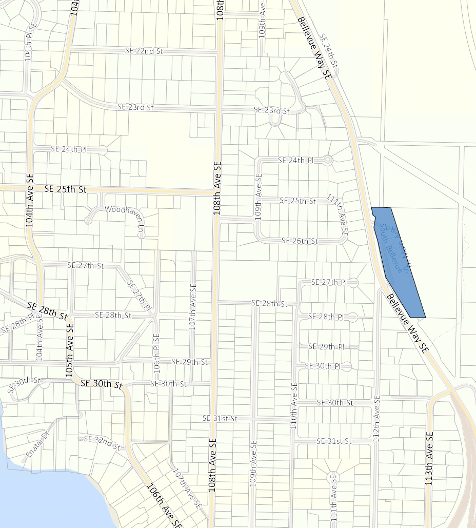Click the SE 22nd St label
(x=144, y=51)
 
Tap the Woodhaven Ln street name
(x=122, y=209)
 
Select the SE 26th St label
(x=300, y=241)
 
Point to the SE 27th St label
(x=85, y=265)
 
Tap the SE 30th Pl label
(x=323, y=366)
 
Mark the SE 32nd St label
(x=102, y=443)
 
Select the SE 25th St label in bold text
(x=65, y=189)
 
